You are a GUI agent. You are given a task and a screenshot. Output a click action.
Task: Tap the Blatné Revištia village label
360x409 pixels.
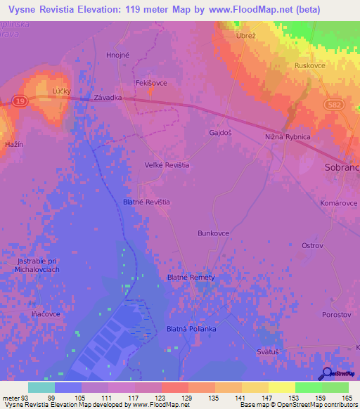[146, 202]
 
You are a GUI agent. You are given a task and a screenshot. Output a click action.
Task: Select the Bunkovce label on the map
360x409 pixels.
[214, 233]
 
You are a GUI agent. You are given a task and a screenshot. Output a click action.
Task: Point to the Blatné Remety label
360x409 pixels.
[191, 278]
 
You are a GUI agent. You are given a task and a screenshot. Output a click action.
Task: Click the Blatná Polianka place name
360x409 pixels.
[191, 329]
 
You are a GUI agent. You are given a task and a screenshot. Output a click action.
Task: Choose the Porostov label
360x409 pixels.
[337, 315]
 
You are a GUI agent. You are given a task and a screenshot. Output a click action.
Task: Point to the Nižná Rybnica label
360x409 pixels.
[288, 137]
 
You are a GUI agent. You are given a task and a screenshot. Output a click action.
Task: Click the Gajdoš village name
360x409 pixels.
[221, 132]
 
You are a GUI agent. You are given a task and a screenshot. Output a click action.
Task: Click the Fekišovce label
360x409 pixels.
[151, 83]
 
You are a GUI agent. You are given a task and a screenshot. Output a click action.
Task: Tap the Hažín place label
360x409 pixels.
[14, 143]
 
